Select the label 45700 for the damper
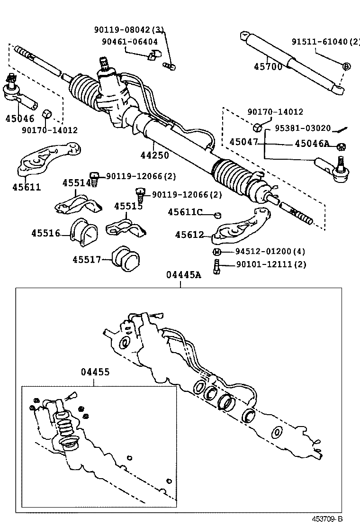pyautogui.click(x=268, y=66)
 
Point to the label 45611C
pyautogui.click(x=185, y=212)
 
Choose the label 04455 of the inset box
pyautogui.click(x=95, y=372)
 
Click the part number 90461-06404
pyautogui.click(x=130, y=42)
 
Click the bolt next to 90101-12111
pyautogui.click(x=216, y=266)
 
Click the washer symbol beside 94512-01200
pyautogui.click(x=216, y=252)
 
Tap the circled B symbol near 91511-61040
pyautogui.click(x=347, y=66)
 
